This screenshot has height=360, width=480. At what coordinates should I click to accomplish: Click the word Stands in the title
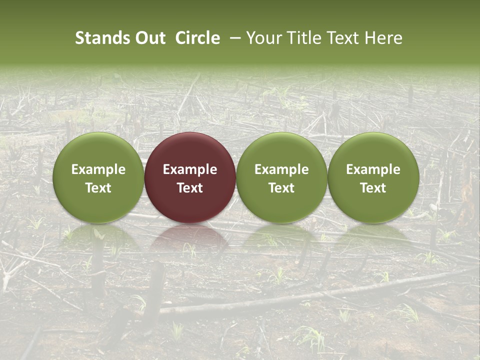pyautogui.click(x=101, y=38)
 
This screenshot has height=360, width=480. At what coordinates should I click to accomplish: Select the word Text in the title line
pyautogui.click(x=344, y=38)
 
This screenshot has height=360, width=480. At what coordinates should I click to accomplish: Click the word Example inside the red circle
pyautogui.click(x=190, y=169)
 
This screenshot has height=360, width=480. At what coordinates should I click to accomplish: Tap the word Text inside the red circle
pyautogui.click(x=190, y=188)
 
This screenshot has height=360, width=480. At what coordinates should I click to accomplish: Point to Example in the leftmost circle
pyautogui.click(x=98, y=169)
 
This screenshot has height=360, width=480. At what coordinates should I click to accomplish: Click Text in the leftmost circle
pyautogui.click(x=98, y=188)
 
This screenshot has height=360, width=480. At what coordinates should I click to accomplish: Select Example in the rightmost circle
pyautogui.click(x=373, y=169)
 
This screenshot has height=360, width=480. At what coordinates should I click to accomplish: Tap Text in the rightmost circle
pyautogui.click(x=373, y=188)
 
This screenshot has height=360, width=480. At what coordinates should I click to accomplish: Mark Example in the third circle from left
pyautogui.click(x=281, y=169)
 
